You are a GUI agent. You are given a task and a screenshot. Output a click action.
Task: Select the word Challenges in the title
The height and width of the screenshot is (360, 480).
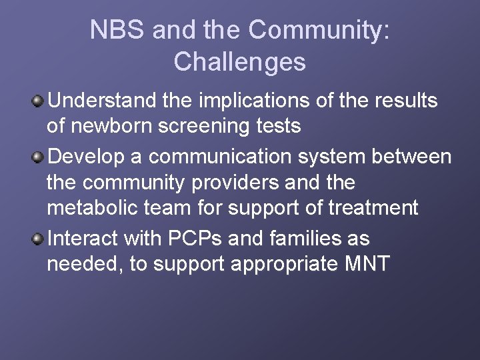239,62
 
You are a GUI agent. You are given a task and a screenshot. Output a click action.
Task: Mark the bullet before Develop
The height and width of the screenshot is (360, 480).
39,157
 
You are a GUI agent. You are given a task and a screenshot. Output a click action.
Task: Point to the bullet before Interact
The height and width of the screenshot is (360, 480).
39,239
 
